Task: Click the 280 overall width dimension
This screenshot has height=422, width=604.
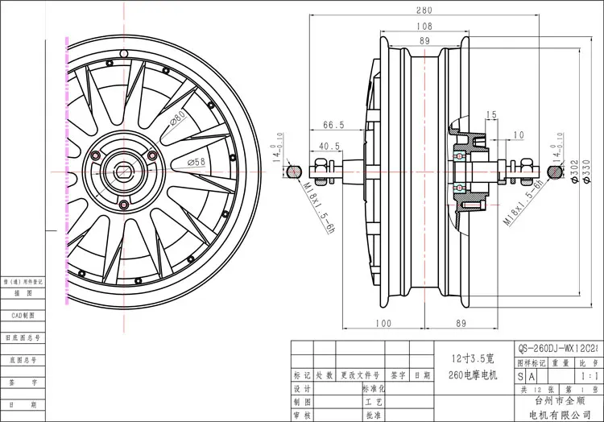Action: [424, 11]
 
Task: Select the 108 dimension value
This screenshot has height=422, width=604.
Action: [424, 27]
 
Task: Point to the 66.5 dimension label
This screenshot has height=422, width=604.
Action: [333, 125]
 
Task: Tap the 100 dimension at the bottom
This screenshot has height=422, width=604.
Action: [383, 324]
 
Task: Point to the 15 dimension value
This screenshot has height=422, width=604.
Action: [492, 114]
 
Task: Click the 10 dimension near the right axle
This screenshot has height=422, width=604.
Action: [518, 134]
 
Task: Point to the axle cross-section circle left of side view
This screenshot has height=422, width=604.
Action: [295, 171]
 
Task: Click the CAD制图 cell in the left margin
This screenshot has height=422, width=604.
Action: [24, 316]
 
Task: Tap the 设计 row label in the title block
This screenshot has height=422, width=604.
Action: [301, 389]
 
